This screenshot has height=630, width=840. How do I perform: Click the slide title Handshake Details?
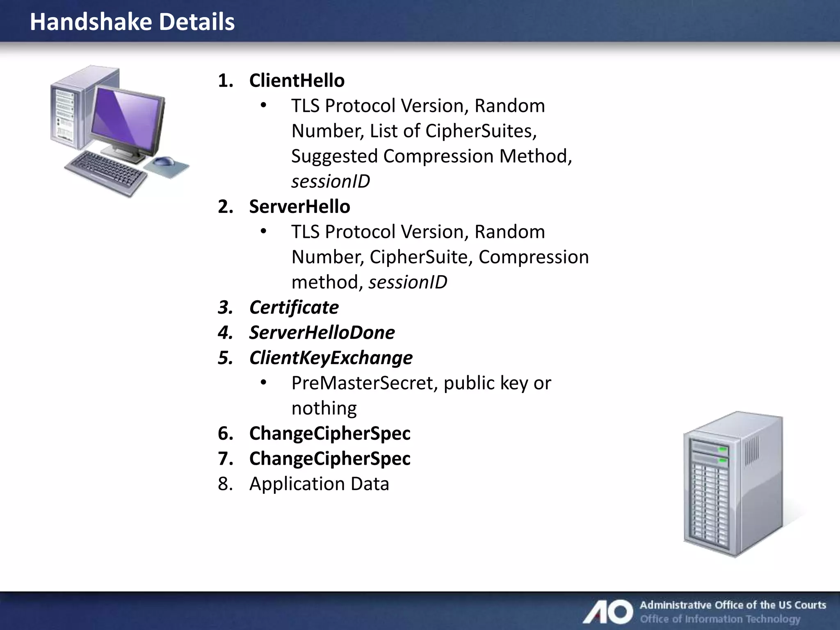pos(132,22)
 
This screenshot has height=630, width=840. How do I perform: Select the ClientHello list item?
pos(297,81)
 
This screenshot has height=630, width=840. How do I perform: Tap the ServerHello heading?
pos(299,207)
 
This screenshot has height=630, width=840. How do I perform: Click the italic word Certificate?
pos(294,308)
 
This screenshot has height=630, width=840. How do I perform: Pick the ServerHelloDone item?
pos(322,333)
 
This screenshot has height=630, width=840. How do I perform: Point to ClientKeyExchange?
pos(331,358)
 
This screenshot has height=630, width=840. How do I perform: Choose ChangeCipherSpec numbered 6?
pos(329,434)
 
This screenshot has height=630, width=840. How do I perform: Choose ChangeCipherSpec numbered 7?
pos(329,459)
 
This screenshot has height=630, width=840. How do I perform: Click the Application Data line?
pos(319,484)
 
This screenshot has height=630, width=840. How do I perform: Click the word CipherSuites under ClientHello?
pos(480,131)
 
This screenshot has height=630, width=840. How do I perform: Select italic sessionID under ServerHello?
pos(408,283)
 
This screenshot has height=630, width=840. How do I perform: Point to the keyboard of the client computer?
pos(106,172)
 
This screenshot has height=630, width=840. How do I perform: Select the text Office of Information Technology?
pos(720,619)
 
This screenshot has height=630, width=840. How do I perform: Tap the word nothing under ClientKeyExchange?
pos(324,409)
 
